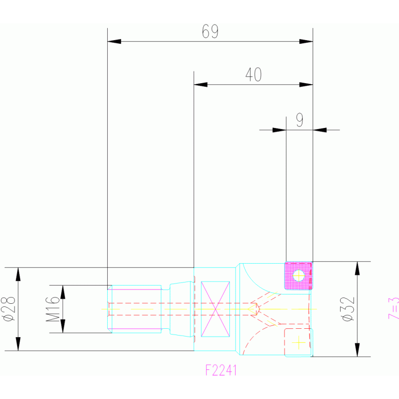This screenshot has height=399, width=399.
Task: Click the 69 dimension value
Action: [210, 32]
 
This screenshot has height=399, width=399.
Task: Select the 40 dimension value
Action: [253, 75]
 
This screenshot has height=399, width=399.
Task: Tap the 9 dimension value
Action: [300, 121]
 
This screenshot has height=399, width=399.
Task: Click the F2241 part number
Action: [222, 370]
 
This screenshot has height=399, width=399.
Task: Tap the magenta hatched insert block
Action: [298, 276]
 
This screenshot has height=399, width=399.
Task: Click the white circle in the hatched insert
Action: [299, 274]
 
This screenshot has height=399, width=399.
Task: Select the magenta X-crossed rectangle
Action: [215, 309]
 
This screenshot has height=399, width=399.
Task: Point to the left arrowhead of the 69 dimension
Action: [114, 41]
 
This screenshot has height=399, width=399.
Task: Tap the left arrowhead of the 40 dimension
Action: [200, 84]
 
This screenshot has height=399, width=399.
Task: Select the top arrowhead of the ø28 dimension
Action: [18, 274]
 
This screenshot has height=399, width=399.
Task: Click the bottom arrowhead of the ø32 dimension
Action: [357, 350]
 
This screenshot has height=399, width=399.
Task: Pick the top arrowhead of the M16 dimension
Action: [63, 292]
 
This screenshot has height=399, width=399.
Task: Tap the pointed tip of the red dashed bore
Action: [259, 309]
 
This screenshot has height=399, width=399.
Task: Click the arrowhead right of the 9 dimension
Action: [319, 130]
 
